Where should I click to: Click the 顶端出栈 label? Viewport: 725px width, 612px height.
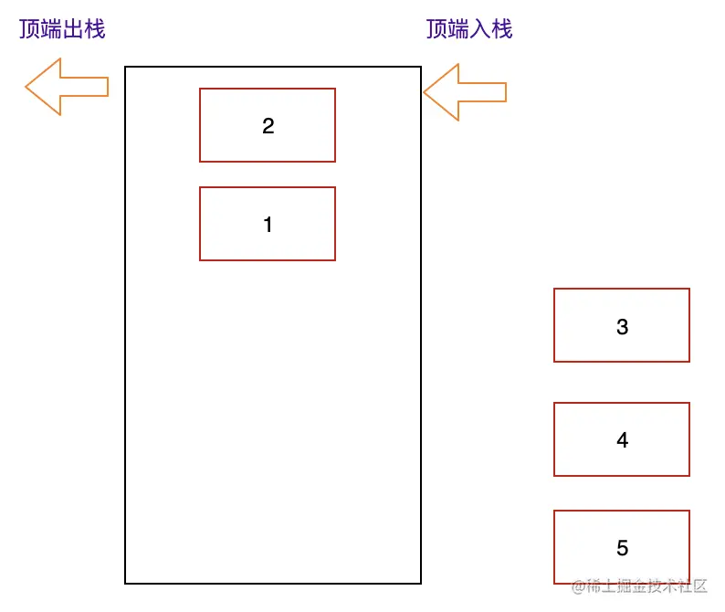pyautogui.click(x=62, y=29)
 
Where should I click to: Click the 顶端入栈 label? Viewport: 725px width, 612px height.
pyautogui.click(x=469, y=29)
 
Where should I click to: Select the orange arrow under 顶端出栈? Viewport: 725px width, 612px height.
pyautogui.click(x=67, y=87)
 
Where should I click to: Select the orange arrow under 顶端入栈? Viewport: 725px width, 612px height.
pyautogui.click(x=464, y=92)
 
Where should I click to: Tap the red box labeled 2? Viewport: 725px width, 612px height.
pyautogui.click(x=268, y=125)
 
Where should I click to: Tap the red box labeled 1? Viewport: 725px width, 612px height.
pyautogui.click(x=268, y=224)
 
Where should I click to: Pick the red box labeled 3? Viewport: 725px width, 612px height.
pyautogui.click(x=621, y=325)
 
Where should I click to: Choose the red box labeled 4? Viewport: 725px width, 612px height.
pyautogui.click(x=621, y=439)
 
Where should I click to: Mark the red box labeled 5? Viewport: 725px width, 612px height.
pyautogui.click(x=621, y=547)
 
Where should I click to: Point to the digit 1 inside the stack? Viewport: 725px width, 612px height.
pyautogui.click(x=268, y=225)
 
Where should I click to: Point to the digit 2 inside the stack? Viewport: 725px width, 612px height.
pyautogui.click(x=268, y=126)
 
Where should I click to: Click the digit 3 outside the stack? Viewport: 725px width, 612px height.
pyautogui.click(x=623, y=327)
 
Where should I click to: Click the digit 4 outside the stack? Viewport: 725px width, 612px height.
pyautogui.click(x=623, y=440)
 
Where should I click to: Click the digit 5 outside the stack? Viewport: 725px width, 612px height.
pyautogui.click(x=623, y=548)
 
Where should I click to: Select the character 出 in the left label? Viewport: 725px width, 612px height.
pyautogui.click(x=73, y=29)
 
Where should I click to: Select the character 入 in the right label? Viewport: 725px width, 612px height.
pyautogui.click(x=480, y=29)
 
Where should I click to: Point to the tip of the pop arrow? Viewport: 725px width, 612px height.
pyautogui.click(x=27, y=87)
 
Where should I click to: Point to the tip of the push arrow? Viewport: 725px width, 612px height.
pyautogui.click(x=426, y=92)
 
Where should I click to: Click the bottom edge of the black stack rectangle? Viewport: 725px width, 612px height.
pyautogui.click(x=272, y=583)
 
